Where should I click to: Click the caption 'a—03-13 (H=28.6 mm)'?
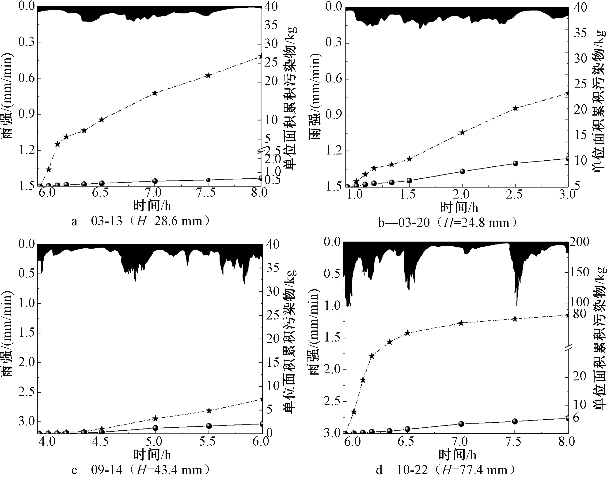(140, 222)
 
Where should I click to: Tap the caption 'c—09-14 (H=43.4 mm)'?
(140, 470)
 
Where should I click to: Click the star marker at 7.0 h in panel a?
(155, 93)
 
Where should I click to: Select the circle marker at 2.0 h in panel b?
(462, 171)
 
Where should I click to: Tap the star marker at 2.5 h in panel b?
(516, 108)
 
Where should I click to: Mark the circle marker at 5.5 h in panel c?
(209, 426)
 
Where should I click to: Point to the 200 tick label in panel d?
(579, 242)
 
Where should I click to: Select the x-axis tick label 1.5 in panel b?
(408, 194)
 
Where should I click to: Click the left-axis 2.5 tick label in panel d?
(333, 401)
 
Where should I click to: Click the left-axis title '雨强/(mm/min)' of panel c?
(8, 334)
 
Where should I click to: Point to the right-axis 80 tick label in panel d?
(579, 314)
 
